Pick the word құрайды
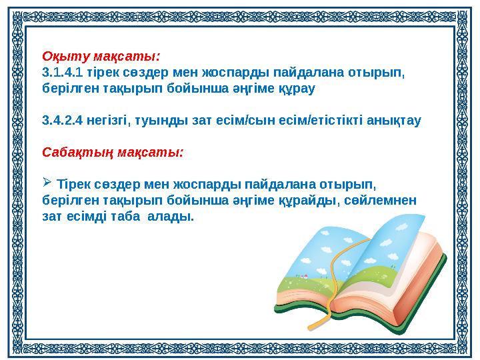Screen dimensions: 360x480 pos(312,200)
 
